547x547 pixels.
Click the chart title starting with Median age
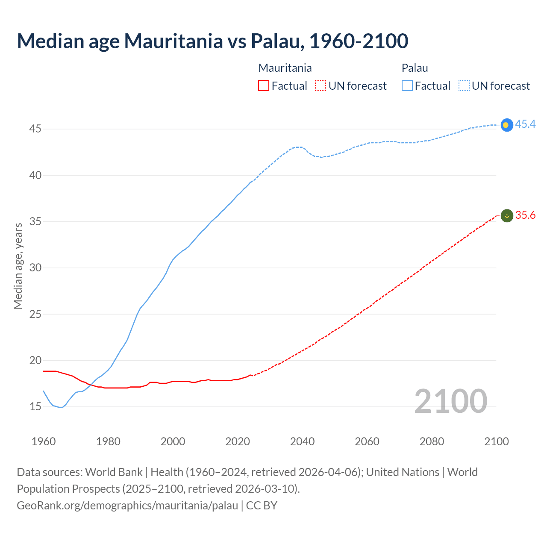212,41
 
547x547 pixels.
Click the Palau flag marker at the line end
506,125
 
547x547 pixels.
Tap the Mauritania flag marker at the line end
507,216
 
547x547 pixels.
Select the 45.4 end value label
525,124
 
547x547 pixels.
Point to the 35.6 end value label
525,215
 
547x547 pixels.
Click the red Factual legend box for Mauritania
264,86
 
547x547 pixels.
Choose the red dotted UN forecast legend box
321,86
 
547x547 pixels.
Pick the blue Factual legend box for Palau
407,86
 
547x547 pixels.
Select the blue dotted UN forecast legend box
464,86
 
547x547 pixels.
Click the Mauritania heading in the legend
285,68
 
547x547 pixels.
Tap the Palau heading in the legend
415,68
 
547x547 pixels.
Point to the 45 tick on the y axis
35,129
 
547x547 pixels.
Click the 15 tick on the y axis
35,406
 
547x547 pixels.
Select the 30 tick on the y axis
35,268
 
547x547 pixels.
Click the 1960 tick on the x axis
44,441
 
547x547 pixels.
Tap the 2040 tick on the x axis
302,441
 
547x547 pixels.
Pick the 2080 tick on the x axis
432,441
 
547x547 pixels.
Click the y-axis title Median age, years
18,266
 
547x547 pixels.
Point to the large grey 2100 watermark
450,401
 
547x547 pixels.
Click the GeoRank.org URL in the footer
127,506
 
